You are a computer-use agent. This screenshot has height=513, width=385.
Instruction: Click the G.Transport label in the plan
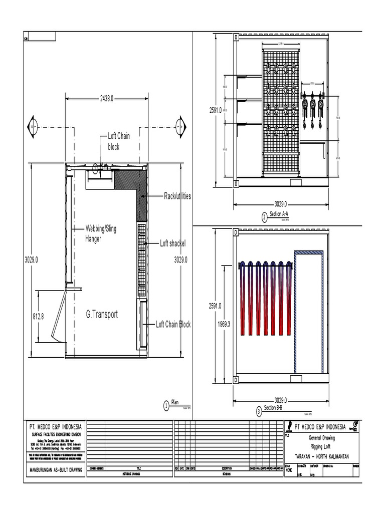pyautogui.click(x=102, y=315)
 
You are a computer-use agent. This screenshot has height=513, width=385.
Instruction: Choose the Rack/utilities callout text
pyautogui.click(x=177, y=196)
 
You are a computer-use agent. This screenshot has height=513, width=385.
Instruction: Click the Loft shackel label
pyautogui.click(x=172, y=243)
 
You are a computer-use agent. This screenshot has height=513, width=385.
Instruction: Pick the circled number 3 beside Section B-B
pyautogui.click(x=259, y=412)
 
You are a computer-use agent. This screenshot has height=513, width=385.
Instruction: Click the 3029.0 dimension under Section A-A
pyautogui.click(x=281, y=204)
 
